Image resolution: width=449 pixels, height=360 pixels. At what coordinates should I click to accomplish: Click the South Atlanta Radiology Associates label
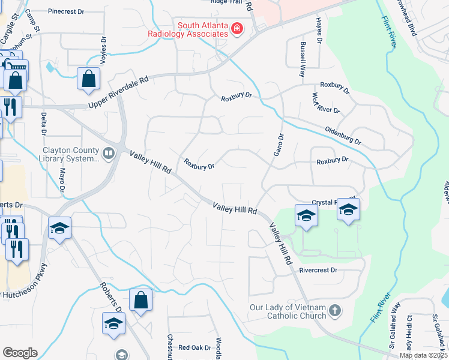(188, 29)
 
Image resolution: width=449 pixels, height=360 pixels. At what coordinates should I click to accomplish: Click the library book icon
(109, 154)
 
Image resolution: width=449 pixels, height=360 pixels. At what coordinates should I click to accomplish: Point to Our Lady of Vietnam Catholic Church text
(289, 311)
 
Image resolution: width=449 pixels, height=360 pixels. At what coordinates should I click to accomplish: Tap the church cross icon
(335, 311)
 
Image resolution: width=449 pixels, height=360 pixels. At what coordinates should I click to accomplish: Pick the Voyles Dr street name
(103, 50)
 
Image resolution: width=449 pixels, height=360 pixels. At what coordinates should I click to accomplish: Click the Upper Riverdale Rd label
(118, 92)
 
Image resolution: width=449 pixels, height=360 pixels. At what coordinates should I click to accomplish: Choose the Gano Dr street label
(279, 145)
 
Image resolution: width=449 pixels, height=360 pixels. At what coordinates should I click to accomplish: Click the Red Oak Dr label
(195, 347)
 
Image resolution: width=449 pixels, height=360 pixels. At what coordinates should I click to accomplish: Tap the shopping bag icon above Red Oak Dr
(140, 301)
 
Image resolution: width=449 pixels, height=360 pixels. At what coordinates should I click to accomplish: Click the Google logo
(20, 353)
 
